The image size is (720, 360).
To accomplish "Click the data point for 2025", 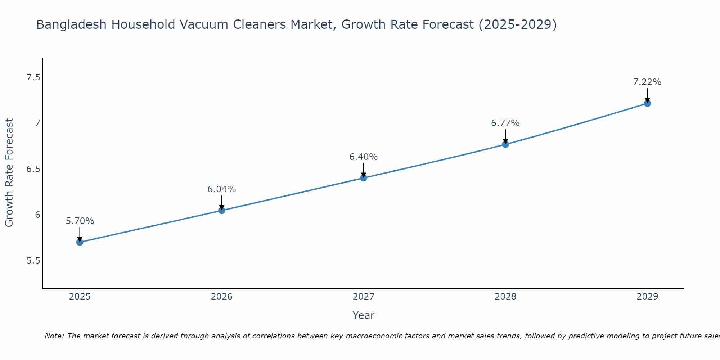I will [x=80, y=242].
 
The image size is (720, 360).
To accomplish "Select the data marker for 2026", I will [x=222, y=211].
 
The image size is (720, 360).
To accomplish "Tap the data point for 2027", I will [x=364, y=178].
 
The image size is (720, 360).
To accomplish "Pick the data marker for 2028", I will [x=505, y=144].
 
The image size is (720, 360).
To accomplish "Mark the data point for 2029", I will [x=647, y=103].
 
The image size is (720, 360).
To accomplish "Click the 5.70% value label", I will [x=80, y=221].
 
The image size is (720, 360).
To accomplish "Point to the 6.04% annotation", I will [x=222, y=189].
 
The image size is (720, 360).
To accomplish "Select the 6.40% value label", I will [x=364, y=157].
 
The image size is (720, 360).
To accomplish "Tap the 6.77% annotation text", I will [x=505, y=123].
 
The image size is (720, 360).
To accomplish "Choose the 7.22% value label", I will [x=647, y=82].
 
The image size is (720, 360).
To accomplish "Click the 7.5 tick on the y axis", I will [x=33, y=77].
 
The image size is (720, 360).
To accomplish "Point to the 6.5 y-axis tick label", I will [x=33, y=169].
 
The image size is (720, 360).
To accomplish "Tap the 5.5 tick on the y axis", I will [x=33, y=260].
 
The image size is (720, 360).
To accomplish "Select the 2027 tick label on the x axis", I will [x=364, y=297].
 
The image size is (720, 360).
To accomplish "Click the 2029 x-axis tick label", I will [x=647, y=297].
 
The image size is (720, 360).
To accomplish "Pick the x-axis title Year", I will [x=364, y=315].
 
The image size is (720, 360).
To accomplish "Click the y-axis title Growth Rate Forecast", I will [x=9, y=172].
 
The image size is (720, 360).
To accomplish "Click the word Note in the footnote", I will [x=54, y=336].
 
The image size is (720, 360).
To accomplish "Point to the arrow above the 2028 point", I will [x=505, y=136].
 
